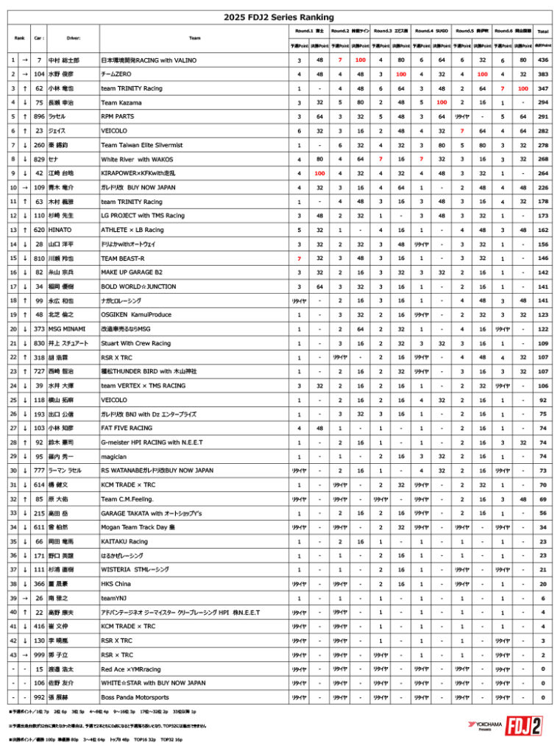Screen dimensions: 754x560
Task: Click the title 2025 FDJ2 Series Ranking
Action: coord(279,17)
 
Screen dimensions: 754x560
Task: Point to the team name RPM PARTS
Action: coord(118,116)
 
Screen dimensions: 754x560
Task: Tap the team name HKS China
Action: coord(117,583)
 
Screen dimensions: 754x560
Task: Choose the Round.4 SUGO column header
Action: coord(430,31)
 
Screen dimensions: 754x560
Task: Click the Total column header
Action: coord(543,32)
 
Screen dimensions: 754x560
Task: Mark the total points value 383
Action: coord(543,74)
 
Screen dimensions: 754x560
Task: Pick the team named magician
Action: coord(114,456)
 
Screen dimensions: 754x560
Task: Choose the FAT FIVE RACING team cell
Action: coord(127,427)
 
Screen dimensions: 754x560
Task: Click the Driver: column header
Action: coord(73,38)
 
